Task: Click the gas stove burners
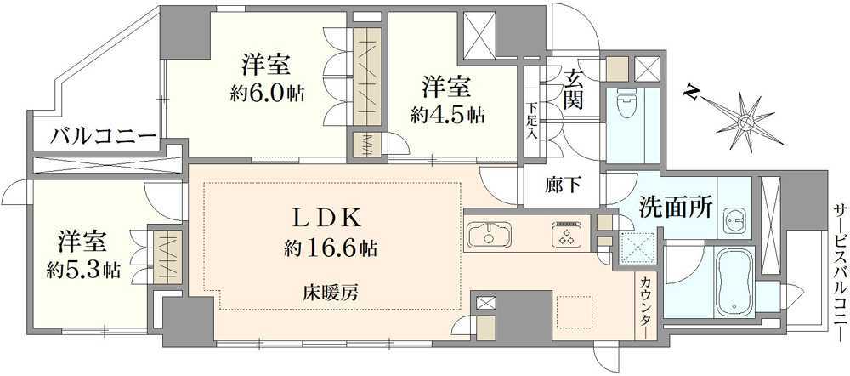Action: tap(566, 234)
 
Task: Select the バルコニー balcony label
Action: tap(103, 136)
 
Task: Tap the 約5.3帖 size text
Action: tap(82, 271)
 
